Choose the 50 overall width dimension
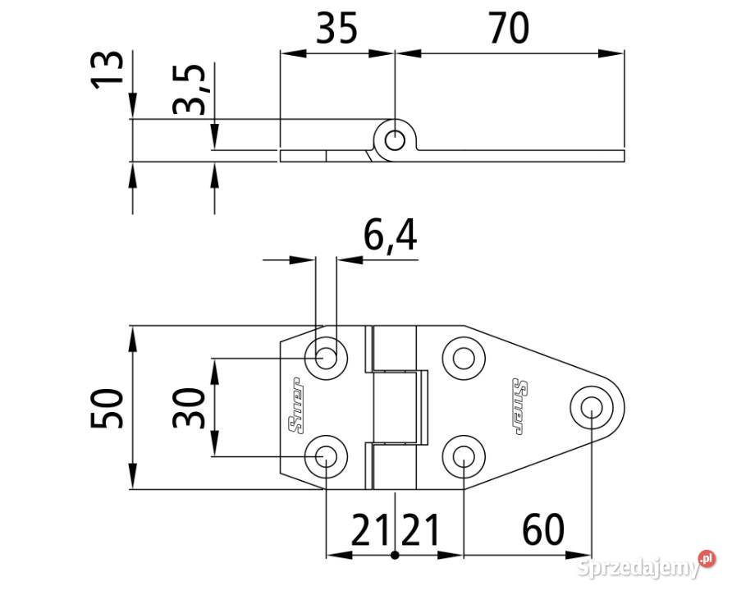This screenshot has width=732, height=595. pyautogui.click(x=108, y=408)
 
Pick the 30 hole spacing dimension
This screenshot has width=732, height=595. pyautogui.click(x=190, y=408)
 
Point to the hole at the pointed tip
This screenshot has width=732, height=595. pyautogui.click(x=591, y=406)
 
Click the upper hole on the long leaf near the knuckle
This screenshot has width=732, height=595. pyautogui.click(x=464, y=358)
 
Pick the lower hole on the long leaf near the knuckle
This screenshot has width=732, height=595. pyautogui.click(x=464, y=455)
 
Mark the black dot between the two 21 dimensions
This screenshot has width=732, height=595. pyautogui.click(x=396, y=555)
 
